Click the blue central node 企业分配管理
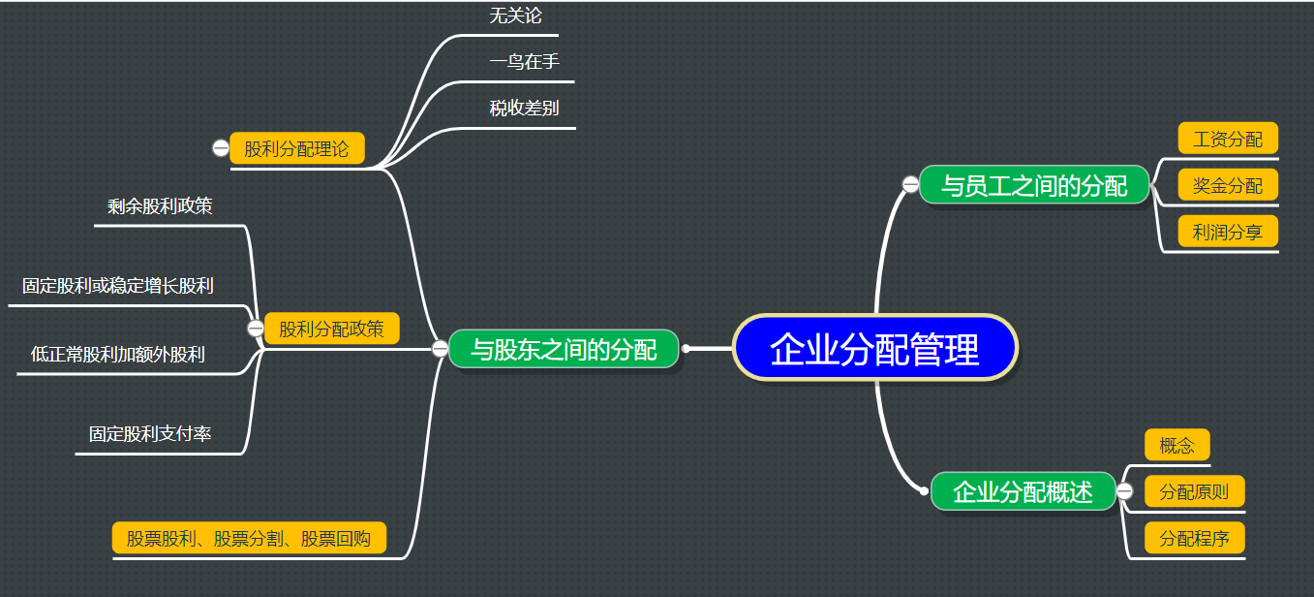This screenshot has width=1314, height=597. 874,348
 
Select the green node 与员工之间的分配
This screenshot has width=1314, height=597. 1034,185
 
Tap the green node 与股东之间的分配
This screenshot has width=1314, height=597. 564,349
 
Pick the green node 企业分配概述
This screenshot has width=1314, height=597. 1023,491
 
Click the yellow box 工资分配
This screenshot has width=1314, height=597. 1228,139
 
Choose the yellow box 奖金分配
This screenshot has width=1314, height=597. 1228,185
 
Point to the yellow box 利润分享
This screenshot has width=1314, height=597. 1228,232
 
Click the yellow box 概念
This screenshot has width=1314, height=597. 1176,445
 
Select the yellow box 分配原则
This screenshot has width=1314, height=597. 1194,491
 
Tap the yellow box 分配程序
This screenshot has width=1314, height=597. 1194,538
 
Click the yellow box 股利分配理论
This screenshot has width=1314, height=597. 296,149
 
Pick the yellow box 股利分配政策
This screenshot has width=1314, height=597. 331,329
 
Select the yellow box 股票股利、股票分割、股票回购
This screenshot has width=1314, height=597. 249,538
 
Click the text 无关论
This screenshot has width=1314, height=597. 515,16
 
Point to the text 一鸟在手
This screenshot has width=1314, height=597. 524,62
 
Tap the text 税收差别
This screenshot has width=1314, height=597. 524,108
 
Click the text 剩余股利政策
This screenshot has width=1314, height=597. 161,205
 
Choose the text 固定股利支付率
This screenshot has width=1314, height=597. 150,434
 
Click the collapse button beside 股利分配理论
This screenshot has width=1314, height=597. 221,148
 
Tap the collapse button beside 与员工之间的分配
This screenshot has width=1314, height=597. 910,184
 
